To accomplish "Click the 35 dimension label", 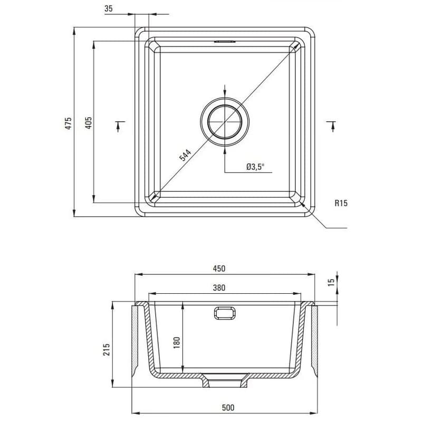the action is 109,8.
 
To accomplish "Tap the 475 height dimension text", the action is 69,123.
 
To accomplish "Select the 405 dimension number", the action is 89,123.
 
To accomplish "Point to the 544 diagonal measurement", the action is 185,155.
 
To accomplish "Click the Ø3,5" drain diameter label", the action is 255,167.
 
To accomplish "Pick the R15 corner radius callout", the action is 341,203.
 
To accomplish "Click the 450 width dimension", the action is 219,268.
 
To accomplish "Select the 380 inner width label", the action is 219,287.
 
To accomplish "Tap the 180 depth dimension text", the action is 177,342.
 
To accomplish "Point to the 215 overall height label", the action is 107,349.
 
